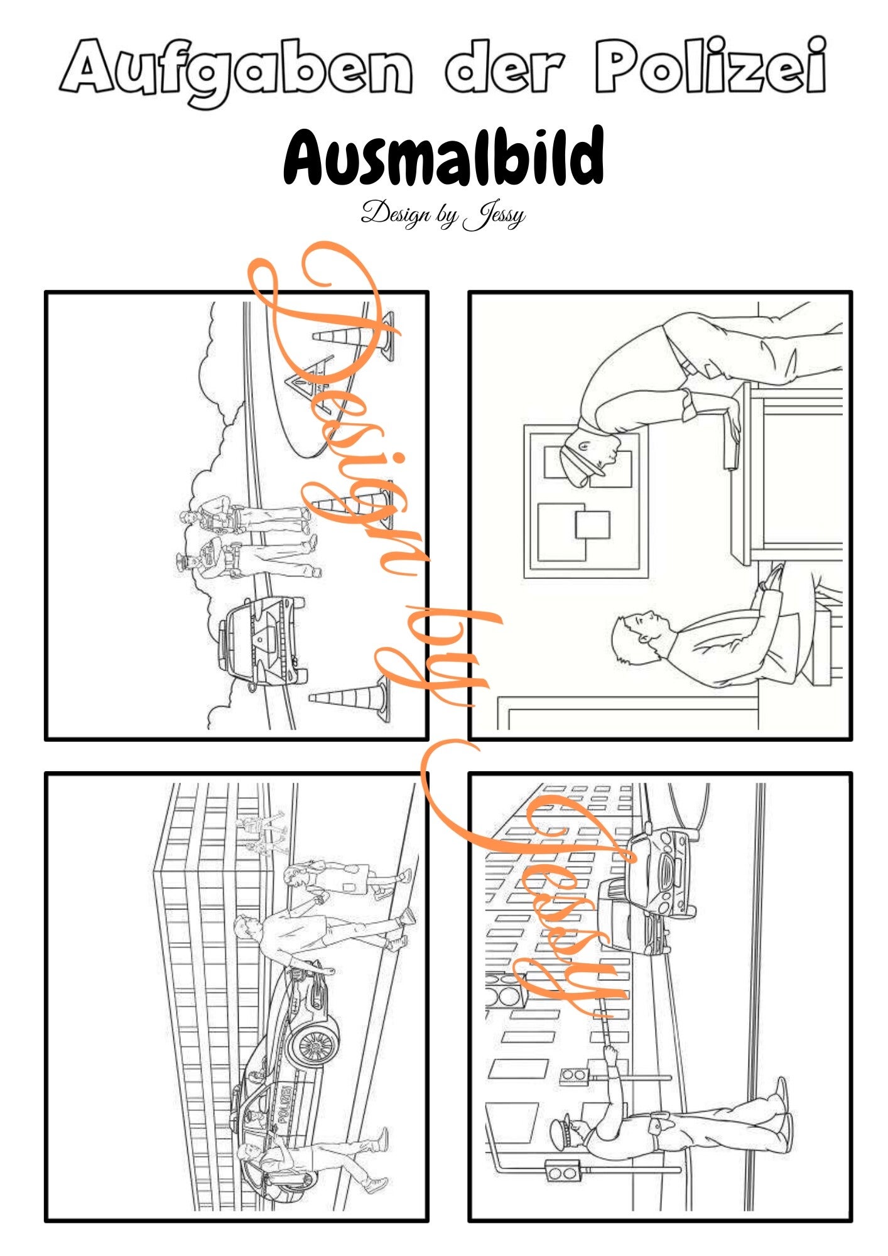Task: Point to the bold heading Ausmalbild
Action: tap(444, 155)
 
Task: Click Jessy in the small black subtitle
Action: tap(494, 215)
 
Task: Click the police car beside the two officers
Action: tap(264, 641)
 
